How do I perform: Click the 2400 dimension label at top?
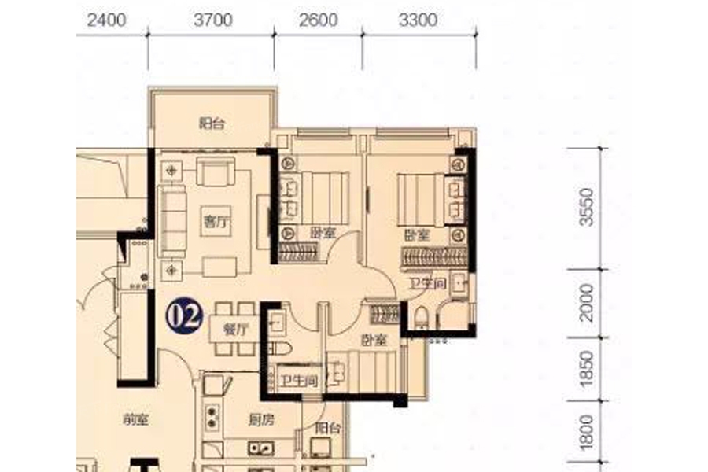pyautogui.click(x=106, y=20)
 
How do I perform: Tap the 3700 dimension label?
pyautogui.click(x=213, y=20)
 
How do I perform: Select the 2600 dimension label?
pyautogui.click(x=319, y=20)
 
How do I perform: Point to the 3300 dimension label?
pyautogui.click(x=419, y=20)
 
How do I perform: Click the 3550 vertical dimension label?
pyautogui.click(x=587, y=208)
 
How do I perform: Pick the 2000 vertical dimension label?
pyautogui.click(x=587, y=303)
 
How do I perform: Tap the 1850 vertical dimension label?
pyautogui.click(x=587, y=369)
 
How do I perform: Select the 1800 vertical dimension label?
pyautogui.click(x=587, y=432)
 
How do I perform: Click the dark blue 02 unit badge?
pyautogui.click(x=184, y=316)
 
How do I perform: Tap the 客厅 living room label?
pyautogui.click(x=216, y=222)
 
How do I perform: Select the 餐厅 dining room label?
pyautogui.click(x=236, y=330)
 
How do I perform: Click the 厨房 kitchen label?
pyautogui.click(x=261, y=420)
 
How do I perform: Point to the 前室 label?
pyautogui.click(x=135, y=420)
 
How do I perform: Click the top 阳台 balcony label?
pyautogui.click(x=212, y=123)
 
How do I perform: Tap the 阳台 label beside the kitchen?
pyautogui.click(x=328, y=428)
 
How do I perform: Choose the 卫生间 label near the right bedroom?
pyautogui.click(x=428, y=284)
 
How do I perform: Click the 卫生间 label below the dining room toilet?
pyautogui.click(x=298, y=381)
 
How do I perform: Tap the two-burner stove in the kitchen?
pyautogui.click(x=212, y=416)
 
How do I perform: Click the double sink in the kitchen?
pyautogui.click(x=260, y=448)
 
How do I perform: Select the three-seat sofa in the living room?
pyautogui.click(x=172, y=222)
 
